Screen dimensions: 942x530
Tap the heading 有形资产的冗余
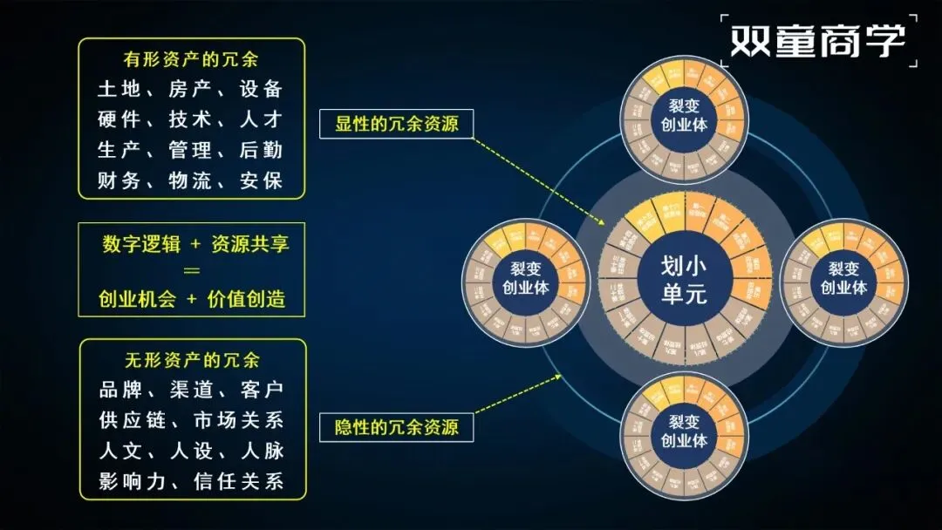191,60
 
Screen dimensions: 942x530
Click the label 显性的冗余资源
397,124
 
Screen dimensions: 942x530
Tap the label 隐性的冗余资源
397,427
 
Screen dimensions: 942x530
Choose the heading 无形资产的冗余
192,361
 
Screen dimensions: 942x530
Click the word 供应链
130,420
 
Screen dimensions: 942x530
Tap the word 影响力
130,480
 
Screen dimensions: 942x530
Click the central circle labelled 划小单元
684,280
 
